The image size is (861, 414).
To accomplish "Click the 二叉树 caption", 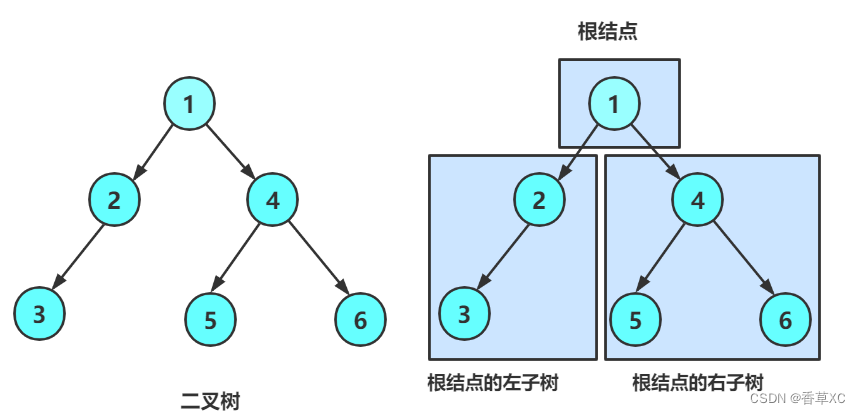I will click(x=210, y=401).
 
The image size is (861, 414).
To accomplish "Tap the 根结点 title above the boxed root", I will click(x=608, y=31).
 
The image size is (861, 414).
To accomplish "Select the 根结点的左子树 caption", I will click(x=492, y=382).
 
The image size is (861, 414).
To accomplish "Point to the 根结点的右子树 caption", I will click(x=698, y=382).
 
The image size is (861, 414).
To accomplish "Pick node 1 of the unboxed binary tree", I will click(x=189, y=103).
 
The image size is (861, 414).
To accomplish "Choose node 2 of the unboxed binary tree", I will click(x=115, y=199).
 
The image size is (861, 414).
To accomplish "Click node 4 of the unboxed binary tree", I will click(x=272, y=199).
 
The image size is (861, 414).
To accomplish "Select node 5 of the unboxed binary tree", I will click(x=210, y=320).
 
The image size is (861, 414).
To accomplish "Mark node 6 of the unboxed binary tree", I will click(x=361, y=320).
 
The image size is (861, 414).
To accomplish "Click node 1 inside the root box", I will click(x=614, y=103).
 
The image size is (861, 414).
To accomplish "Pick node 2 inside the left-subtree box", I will click(x=540, y=199).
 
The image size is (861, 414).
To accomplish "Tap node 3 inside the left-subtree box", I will click(x=464, y=314).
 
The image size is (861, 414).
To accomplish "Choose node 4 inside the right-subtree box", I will click(x=698, y=199).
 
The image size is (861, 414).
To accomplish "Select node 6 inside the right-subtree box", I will click(x=786, y=320).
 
